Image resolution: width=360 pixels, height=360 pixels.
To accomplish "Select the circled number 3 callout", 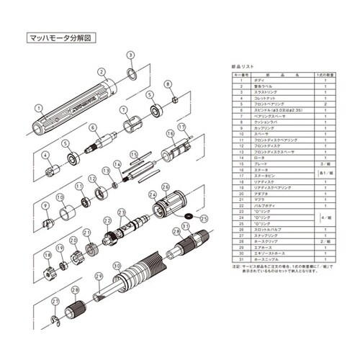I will [130, 55].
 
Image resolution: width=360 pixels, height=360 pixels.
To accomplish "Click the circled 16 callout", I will [171, 133].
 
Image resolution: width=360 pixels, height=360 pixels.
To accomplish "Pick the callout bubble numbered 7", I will [124, 109].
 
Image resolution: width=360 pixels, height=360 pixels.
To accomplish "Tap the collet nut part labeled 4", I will [50, 171].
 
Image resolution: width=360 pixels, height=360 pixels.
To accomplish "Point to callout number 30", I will [116, 265].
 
